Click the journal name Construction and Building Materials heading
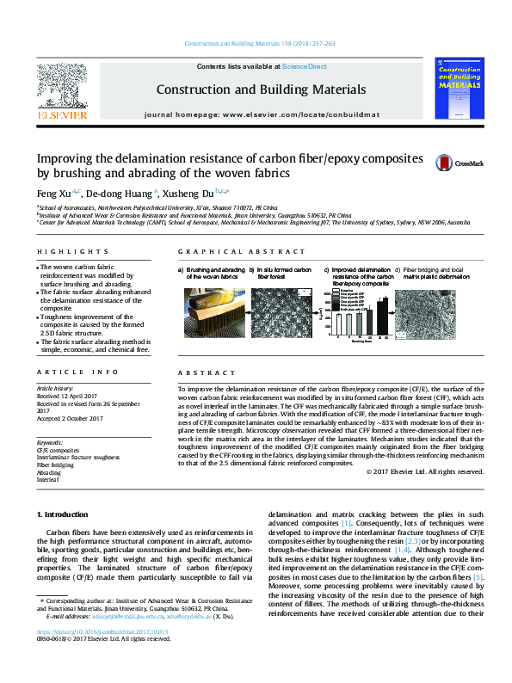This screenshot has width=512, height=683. click(x=261, y=89)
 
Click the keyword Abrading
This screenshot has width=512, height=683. click(x=48, y=472)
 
